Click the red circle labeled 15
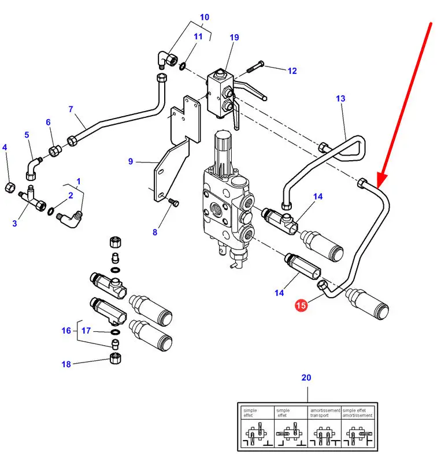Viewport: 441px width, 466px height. pyautogui.click(x=301, y=305)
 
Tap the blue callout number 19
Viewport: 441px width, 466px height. pyautogui.click(x=234, y=38)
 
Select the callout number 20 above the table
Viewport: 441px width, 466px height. pyautogui.click(x=306, y=378)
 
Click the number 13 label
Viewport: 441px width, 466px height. pyautogui.click(x=340, y=99)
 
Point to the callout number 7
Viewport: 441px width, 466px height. pyautogui.click(x=71, y=109)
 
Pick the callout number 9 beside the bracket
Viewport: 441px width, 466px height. pyautogui.click(x=131, y=161)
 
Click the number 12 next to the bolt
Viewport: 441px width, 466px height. pyautogui.click(x=292, y=71)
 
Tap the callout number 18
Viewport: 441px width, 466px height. pyautogui.click(x=66, y=364)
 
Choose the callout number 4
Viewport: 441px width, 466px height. pyautogui.click(x=5, y=148)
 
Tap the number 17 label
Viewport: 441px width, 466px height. pyautogui.click(x=86, y=331)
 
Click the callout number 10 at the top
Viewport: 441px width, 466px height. pyautogui.click(x=205, y=17)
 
